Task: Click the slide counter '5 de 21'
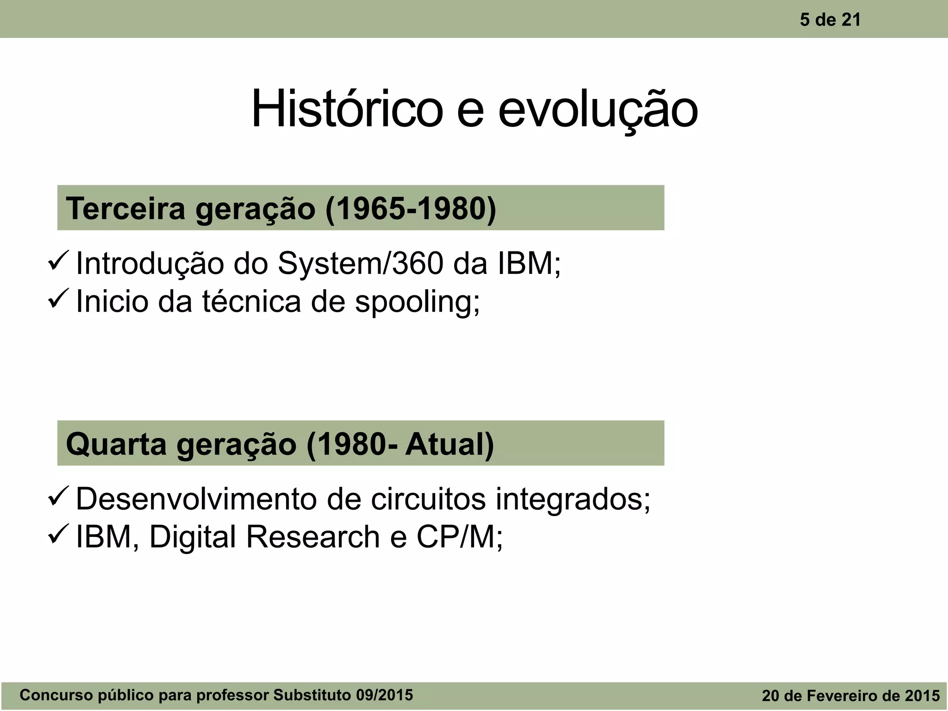tap(830, 20)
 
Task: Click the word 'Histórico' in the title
tap(347, 110)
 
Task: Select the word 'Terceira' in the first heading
tap(125, 208)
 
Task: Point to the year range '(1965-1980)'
tap(411, 208)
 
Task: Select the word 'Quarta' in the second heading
tap(116, 444)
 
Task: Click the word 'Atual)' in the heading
tap(449, 444)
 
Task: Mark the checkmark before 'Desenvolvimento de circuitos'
tap(59, 496)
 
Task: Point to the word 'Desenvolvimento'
tap(196, 499)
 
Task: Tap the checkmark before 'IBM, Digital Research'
tap(59, 534)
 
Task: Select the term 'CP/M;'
tap(460, 537)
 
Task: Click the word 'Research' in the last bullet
tap(312, 537)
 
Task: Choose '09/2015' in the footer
tap(384, 695)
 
